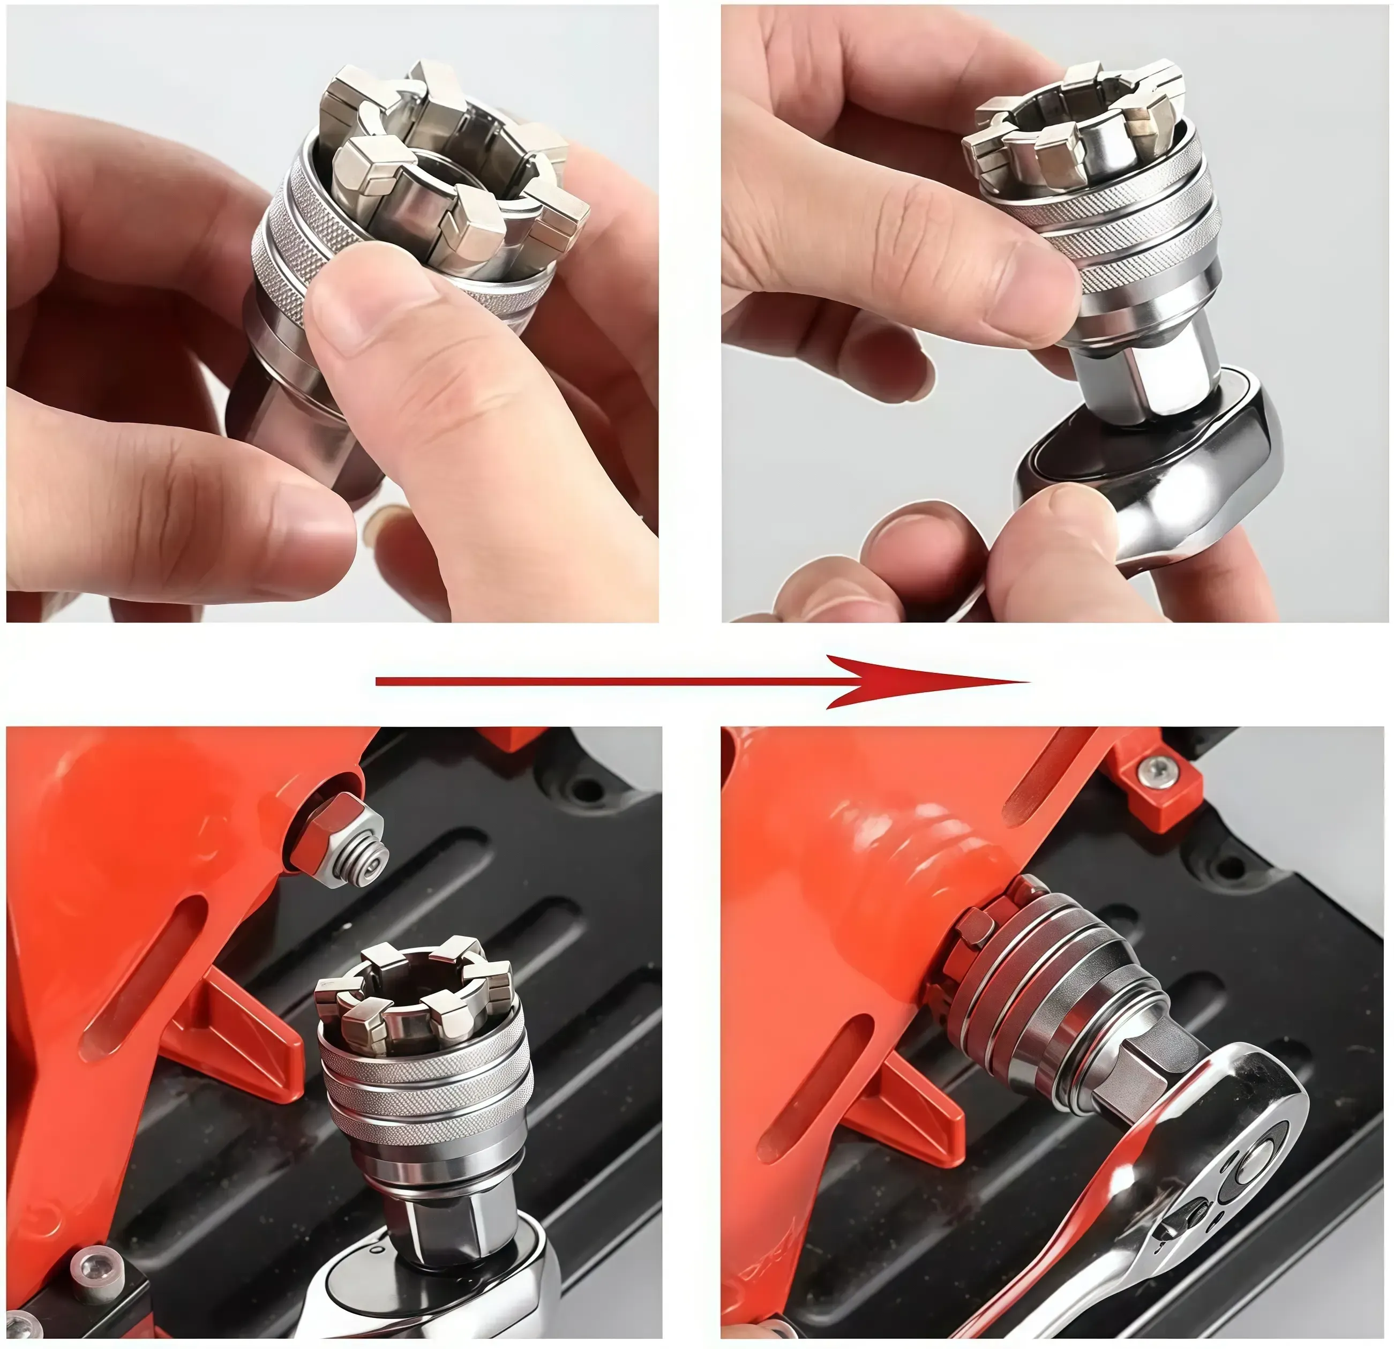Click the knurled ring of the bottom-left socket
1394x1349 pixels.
tap(427, 1081)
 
